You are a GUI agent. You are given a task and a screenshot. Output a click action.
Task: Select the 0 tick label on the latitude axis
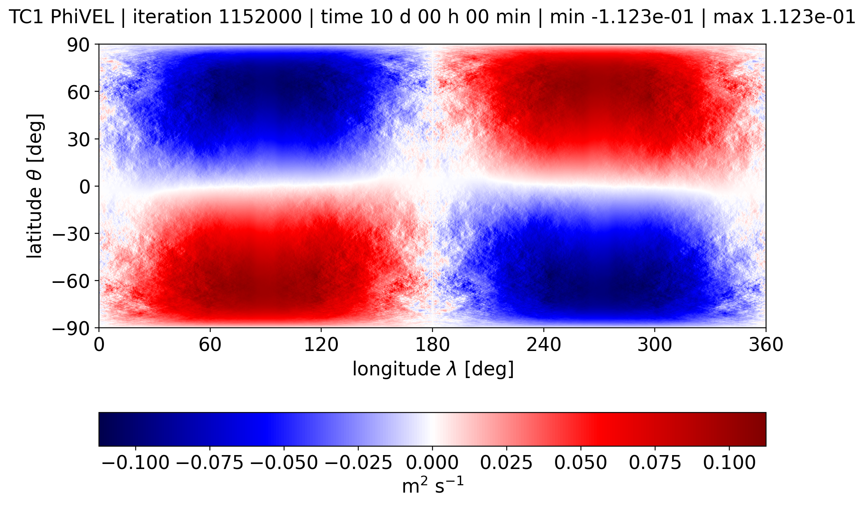click(x=84, y=187)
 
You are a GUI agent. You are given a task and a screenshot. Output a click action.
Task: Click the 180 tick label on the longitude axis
click(x=432, y=344)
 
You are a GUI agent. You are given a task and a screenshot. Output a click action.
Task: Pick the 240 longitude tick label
click(x=543, y=344)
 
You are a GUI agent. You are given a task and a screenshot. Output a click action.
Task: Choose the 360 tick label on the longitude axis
click(x=766, y=344)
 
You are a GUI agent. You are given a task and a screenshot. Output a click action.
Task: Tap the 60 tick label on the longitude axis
click(x=210, y=344)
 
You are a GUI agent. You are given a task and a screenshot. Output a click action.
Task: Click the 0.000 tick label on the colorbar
click(x=432, y=463)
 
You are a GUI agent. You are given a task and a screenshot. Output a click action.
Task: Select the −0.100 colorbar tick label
click(x=135, y=463)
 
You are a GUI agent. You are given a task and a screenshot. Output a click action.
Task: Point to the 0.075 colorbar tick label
click(x=655, y=463)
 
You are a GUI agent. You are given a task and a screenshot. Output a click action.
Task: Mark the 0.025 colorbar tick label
click(x=506, y=463)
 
